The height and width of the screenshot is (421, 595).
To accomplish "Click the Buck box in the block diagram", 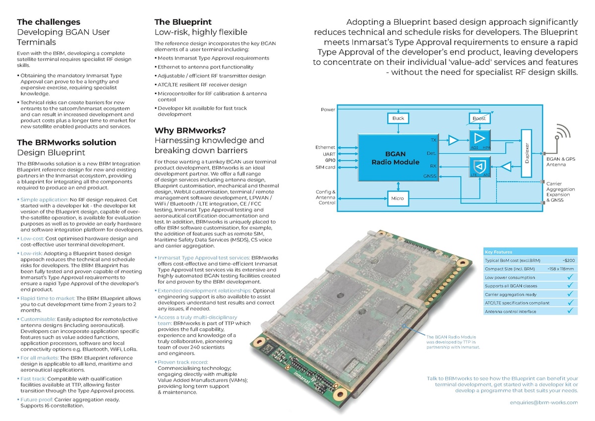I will click(x=398, y=119).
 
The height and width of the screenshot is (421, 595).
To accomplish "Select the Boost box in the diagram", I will click(x=479, y=119).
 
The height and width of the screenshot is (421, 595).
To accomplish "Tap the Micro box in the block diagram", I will click(x=397, y=198).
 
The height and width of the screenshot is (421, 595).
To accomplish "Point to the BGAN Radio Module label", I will click(x=395, y=158).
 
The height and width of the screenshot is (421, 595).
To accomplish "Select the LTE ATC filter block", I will click(x=479, y=166).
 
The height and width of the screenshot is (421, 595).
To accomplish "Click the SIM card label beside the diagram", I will click(x=326, y=167).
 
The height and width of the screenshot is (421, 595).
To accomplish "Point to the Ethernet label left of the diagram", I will click(x=325, y=147).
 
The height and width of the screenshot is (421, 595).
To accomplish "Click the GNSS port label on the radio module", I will click(x=429, y=176).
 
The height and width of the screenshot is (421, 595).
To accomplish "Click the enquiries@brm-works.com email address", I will click(x=544, y=402).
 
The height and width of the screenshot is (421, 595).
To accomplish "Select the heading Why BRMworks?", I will click(x=190, y=130).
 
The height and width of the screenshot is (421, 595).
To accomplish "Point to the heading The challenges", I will click(x=49, y=22).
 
